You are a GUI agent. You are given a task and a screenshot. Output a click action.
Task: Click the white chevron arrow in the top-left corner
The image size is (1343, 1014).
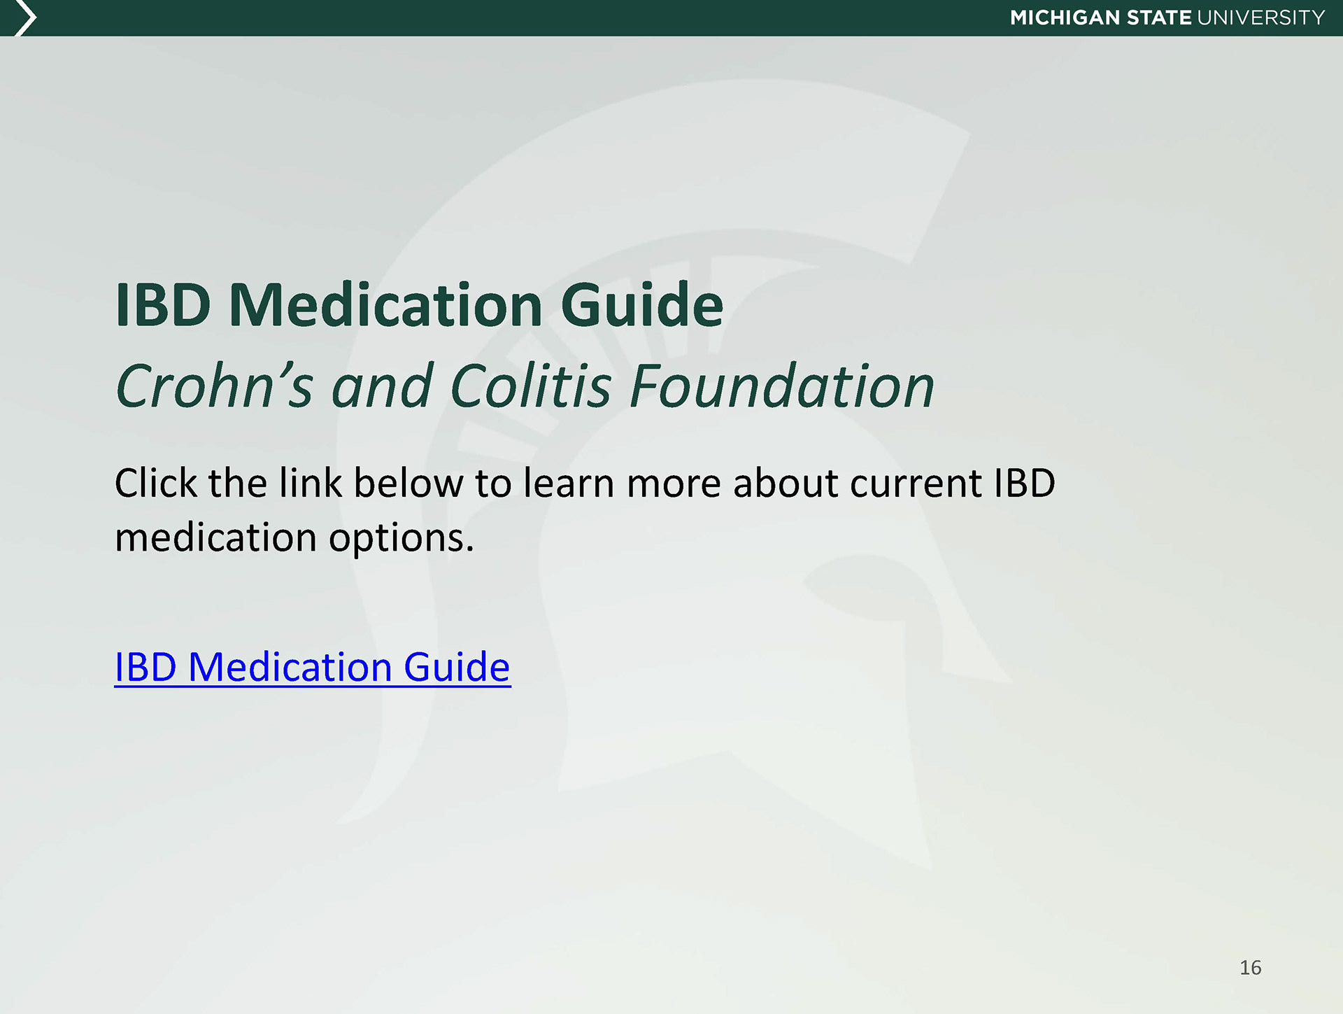click(26, 18)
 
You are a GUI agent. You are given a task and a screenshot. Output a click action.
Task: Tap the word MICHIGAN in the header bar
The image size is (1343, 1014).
click(1065, 17)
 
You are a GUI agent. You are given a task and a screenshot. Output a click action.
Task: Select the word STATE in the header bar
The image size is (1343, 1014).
click(1159, 17)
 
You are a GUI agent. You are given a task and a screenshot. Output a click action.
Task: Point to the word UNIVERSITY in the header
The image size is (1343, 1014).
click(1261, 17)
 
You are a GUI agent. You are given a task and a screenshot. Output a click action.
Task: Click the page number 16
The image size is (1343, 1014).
click(1250, 968)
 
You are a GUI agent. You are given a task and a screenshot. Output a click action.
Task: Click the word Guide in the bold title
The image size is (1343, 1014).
click(642, 305)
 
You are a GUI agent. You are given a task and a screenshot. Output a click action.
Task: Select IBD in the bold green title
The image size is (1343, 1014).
click(163, 305)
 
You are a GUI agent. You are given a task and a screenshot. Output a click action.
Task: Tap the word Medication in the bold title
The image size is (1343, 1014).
click(385, 305)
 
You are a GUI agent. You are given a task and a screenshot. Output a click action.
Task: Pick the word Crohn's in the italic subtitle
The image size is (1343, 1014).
click(213, 386)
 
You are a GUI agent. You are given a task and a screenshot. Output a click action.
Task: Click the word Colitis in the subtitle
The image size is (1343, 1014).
click(531, 386)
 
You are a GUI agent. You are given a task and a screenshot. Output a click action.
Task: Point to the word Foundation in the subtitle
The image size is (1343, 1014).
click(782, 386)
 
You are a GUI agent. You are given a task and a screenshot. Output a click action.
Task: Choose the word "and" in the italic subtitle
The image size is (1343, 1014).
click(381, 387)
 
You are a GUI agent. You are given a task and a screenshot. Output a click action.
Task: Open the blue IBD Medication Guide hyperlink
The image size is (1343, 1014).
click(312, 667)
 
